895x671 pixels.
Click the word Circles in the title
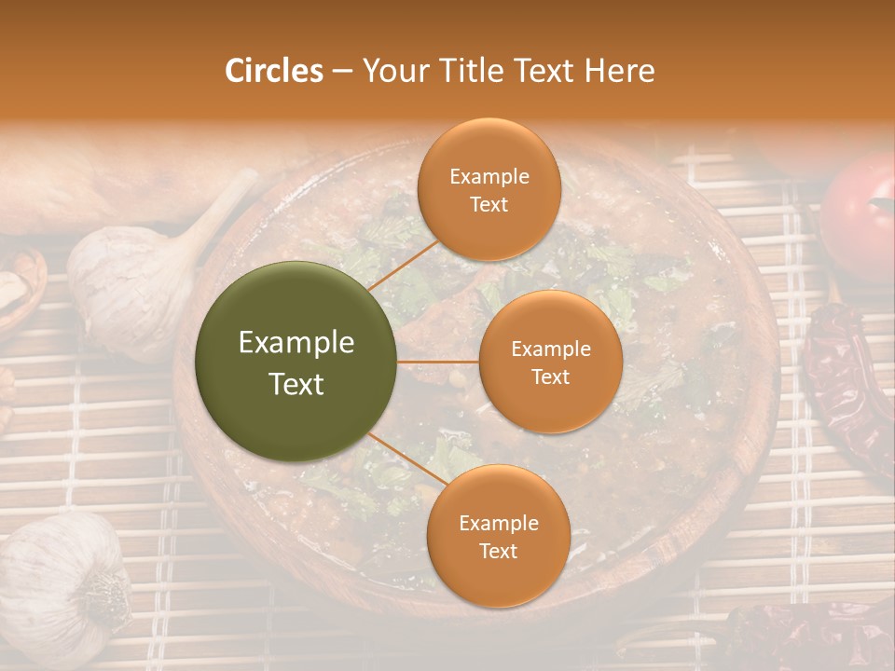[273, 71]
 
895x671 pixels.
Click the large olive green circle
[296, 362]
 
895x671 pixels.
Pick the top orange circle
[489, 190]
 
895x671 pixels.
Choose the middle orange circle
[550, 362]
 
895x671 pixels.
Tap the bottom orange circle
[498, 536]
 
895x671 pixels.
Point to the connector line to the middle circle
[438, 362]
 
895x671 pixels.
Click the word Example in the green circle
[296, 343]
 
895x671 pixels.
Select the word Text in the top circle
[489, 204]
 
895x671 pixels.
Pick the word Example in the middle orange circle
[550, 349]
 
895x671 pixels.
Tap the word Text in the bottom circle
[498, 551]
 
